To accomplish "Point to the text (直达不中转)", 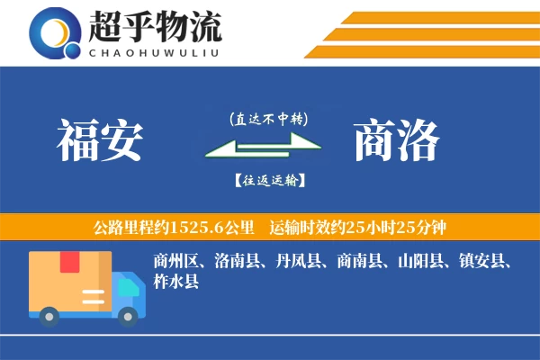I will [x=269, y=118].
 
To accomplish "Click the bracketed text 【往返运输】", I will [x=269, y=180].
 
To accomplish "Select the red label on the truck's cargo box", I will [x=69, y=262].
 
